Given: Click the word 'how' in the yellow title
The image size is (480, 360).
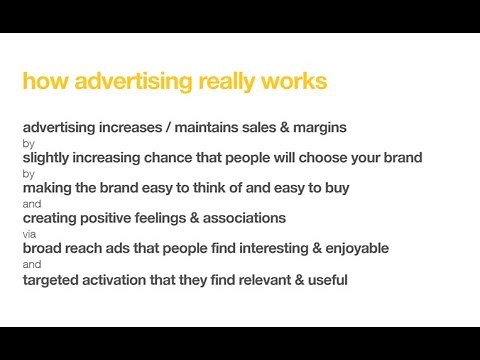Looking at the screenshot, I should point(40,82).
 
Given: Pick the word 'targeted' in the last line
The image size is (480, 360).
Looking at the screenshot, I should point(51,280).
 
